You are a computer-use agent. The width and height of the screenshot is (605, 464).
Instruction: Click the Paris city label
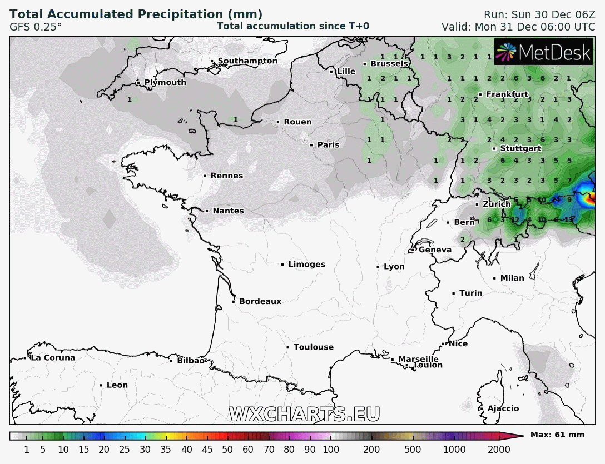[328, 145]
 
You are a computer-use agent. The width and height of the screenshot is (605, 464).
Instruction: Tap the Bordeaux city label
[260, 302]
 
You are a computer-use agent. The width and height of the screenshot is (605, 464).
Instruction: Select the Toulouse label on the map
[314, 347]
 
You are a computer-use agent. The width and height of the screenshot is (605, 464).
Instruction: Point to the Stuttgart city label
[520, 148]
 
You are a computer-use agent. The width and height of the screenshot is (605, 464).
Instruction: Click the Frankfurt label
[507, 94]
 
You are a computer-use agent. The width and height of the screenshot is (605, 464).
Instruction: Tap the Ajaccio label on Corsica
[503, 409]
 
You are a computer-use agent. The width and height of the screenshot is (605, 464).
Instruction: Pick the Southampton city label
[247, 61]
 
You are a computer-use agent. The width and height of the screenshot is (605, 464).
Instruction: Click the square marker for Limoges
[282, 265]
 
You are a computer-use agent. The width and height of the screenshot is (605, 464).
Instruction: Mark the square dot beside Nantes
[207, 211]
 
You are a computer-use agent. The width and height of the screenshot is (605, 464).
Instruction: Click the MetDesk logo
[543, 52]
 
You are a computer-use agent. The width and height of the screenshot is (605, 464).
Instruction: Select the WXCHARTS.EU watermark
[305, 415]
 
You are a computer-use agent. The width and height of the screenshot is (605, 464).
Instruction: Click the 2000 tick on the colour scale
[499, 450]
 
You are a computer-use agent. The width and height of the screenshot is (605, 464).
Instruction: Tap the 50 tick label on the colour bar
[227, 450]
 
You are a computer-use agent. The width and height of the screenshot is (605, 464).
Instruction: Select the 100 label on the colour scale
[331, 450]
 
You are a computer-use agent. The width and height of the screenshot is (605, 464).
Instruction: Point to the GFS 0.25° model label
[36, 26]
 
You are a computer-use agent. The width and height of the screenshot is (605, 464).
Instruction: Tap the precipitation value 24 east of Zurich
[556, 200]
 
